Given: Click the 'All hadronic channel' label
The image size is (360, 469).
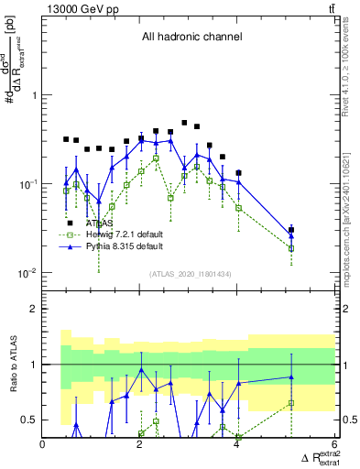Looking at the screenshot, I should pos(191,38).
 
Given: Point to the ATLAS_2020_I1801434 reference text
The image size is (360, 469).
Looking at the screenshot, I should pos(191,275).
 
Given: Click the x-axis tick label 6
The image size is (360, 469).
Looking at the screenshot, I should pos(334,445).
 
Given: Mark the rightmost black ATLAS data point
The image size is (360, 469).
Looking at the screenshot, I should pos(291,230).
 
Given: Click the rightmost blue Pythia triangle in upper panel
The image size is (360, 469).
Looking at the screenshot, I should pos(291,235).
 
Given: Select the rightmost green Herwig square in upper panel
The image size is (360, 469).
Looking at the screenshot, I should pos(291,248).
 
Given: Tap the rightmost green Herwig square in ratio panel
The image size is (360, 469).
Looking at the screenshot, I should pos(291,403).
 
